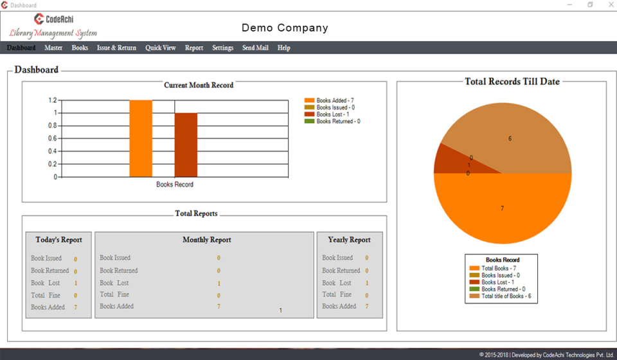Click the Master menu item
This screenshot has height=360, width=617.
53,48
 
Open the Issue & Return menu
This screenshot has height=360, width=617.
116,48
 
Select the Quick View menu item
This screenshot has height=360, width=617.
160,48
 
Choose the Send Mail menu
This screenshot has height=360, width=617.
255,48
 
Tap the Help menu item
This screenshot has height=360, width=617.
283,48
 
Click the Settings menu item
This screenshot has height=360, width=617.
222,48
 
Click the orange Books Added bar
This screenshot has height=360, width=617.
141,138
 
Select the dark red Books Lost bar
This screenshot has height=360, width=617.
186,145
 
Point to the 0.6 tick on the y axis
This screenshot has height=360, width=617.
53,138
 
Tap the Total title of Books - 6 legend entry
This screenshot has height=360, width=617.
506,296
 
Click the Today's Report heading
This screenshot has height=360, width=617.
58,240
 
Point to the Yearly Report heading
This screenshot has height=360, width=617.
349,240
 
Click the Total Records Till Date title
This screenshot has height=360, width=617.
512,82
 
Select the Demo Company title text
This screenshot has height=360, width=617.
285,28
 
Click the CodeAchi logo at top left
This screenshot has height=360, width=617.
53,19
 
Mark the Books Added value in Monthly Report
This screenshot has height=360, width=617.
219,307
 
